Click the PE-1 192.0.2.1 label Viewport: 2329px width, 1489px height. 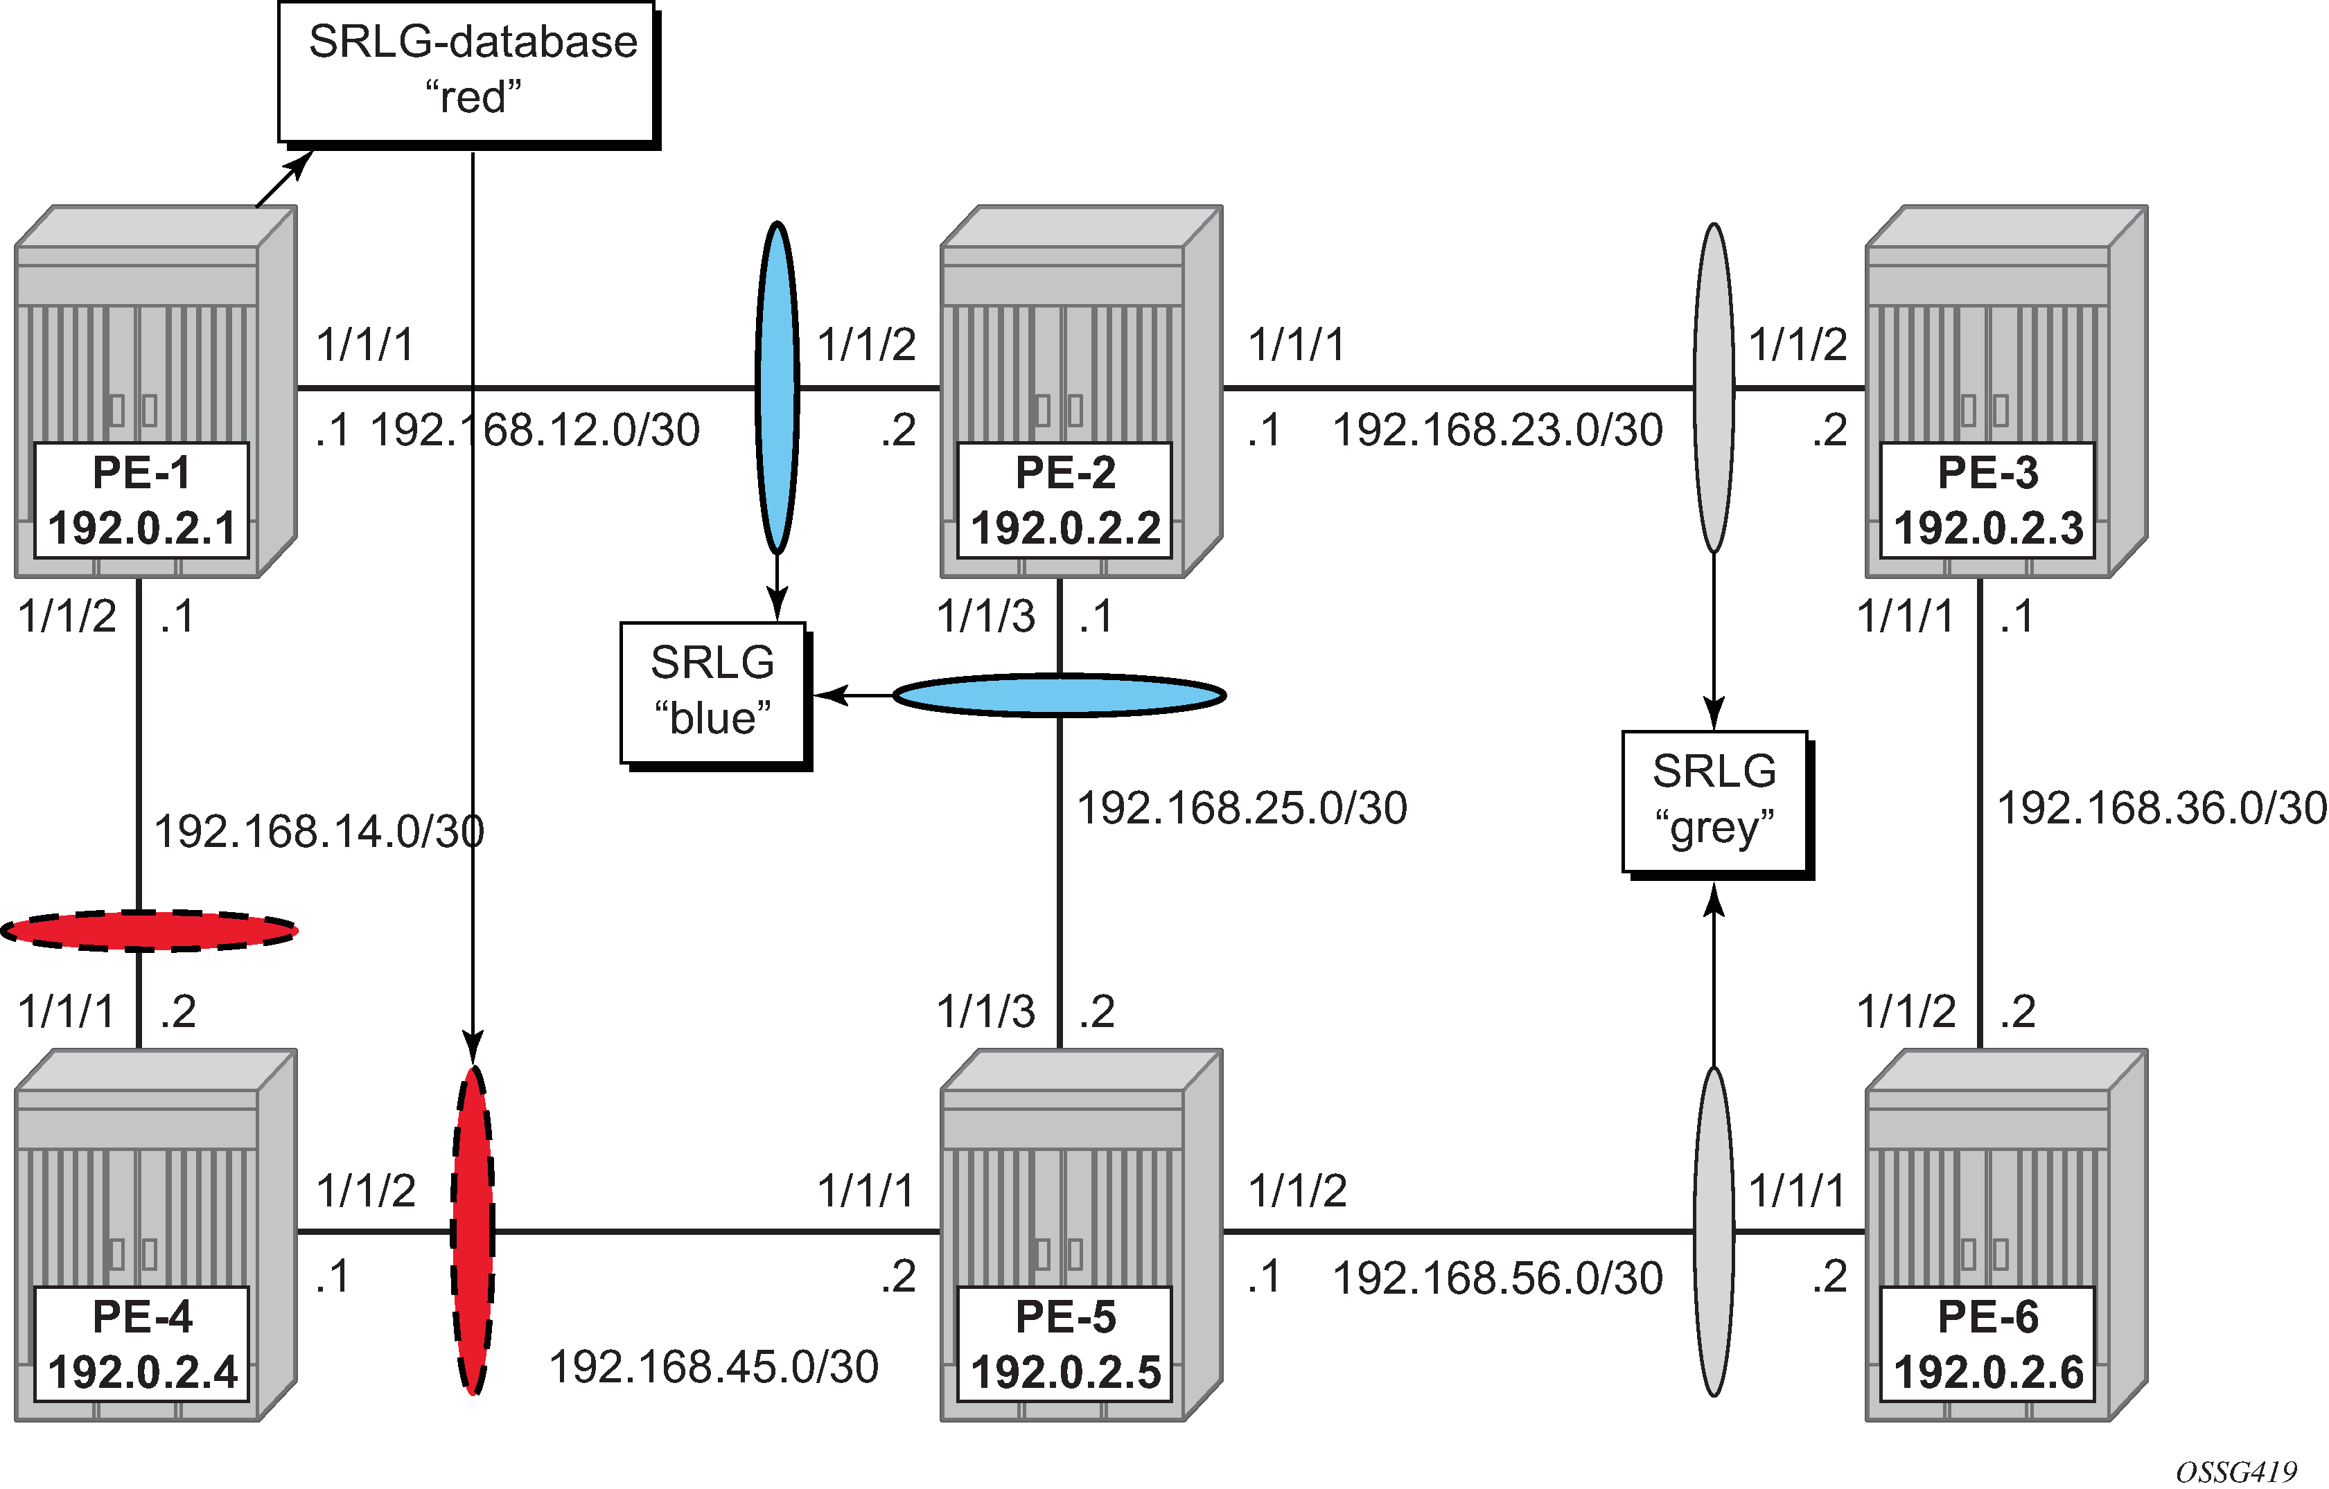[141, 501]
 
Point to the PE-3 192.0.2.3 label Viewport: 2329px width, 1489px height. [1987, 501]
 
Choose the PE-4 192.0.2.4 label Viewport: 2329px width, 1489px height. [141, 1344]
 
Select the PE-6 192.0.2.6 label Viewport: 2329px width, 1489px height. [1987, 1344]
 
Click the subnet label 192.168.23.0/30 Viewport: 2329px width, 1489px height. [1497, 430]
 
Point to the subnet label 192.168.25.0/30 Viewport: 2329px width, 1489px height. [1242, 808]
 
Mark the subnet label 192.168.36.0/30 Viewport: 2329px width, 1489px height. [2162, 808]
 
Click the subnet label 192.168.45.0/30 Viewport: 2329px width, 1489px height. [714, 1367]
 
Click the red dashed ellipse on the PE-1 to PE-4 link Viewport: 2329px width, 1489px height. [149, 931]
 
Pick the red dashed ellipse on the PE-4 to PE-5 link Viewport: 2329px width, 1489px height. [473, 1231]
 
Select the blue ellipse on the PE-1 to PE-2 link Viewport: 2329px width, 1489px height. [777, 388]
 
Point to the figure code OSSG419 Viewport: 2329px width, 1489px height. [2235, 1472]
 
